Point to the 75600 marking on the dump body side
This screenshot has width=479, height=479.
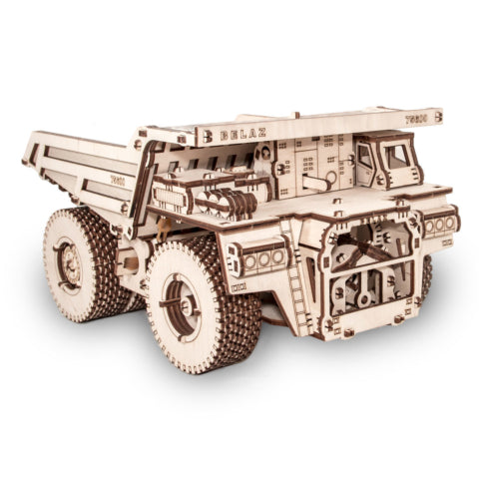(118, 180)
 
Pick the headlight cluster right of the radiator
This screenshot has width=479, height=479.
(440, 224)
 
